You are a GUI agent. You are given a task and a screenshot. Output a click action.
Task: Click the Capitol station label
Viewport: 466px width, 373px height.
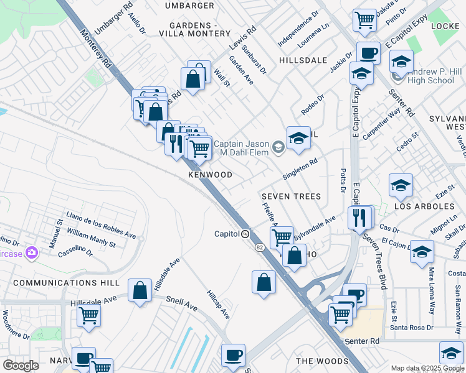(x=227, y=234)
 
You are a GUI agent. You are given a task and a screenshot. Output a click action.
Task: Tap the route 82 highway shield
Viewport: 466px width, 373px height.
(x=259, y=247)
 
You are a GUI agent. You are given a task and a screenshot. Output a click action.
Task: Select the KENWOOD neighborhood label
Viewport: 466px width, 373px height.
(x=211, y=175)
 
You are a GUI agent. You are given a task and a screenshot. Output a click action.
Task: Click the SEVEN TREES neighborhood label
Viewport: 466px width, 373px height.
(x=292, y=196)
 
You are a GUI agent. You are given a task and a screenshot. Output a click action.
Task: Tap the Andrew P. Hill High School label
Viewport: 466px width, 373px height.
(x=432, y=76)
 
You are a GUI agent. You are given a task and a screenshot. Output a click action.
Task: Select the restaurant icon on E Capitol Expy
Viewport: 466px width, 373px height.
(x=359, y=218)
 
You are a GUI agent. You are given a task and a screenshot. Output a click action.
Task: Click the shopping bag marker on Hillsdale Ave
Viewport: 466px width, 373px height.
(x=140, y=290)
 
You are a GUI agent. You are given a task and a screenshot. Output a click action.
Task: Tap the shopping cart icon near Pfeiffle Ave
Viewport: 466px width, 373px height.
(x=282, y=236)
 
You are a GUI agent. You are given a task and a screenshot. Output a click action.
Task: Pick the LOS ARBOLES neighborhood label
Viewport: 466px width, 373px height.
(x=424, y=206)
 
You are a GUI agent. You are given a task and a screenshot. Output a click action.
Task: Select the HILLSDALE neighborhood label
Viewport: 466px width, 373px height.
(x=303, y=60)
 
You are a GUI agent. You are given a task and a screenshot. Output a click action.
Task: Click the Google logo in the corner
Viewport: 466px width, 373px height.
(x=21, y=366)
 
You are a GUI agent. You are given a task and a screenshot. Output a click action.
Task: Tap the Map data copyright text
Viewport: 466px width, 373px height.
(x=427, y=368)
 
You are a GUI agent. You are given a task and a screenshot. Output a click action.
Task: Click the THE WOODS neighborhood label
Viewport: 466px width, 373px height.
(x=322, y=361)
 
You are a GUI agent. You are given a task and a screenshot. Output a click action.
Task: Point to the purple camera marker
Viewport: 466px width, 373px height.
(x=32, y=252)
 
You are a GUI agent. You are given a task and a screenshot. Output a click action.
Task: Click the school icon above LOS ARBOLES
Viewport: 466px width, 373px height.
(x=400, y=185)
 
